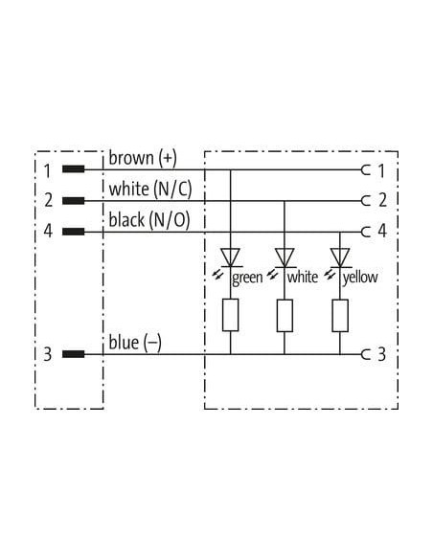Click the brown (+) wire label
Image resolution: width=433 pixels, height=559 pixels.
[x=143, y=158]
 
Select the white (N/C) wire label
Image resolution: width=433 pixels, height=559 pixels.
[x=150, y=189]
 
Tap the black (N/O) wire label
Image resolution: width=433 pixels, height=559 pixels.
[x=149, y=220]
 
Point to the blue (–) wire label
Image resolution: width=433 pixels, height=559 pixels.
[x=135, y=343]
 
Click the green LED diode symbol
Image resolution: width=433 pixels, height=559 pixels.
[x=231, y=257]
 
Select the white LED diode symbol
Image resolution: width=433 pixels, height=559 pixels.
[x=285, y=257]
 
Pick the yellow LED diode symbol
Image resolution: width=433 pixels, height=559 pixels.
[x=340, y=257]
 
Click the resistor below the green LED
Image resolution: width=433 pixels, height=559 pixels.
[x=231, y=315]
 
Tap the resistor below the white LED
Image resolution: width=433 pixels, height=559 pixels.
[x=285, y=315]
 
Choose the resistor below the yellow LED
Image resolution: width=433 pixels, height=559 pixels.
[x=340, y=315]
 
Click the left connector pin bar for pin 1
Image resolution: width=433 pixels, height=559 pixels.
[x=74, y=169]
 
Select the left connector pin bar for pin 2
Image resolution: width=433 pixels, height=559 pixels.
[x=74, y=201]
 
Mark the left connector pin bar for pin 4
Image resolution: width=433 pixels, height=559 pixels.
[x=74, y=232]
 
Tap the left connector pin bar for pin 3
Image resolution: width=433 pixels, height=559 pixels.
[x=74, y=354]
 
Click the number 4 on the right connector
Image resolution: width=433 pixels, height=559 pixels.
[x=382, y=231]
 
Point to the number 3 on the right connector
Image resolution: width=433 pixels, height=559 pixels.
[x=381, y=354]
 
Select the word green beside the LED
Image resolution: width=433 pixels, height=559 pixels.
[x=247, y=278]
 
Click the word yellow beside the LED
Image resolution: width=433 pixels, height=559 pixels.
[x=360, y=277]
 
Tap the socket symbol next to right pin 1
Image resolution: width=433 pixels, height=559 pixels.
[x=366, y=170]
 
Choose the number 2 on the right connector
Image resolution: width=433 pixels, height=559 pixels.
[x=382, y=200]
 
